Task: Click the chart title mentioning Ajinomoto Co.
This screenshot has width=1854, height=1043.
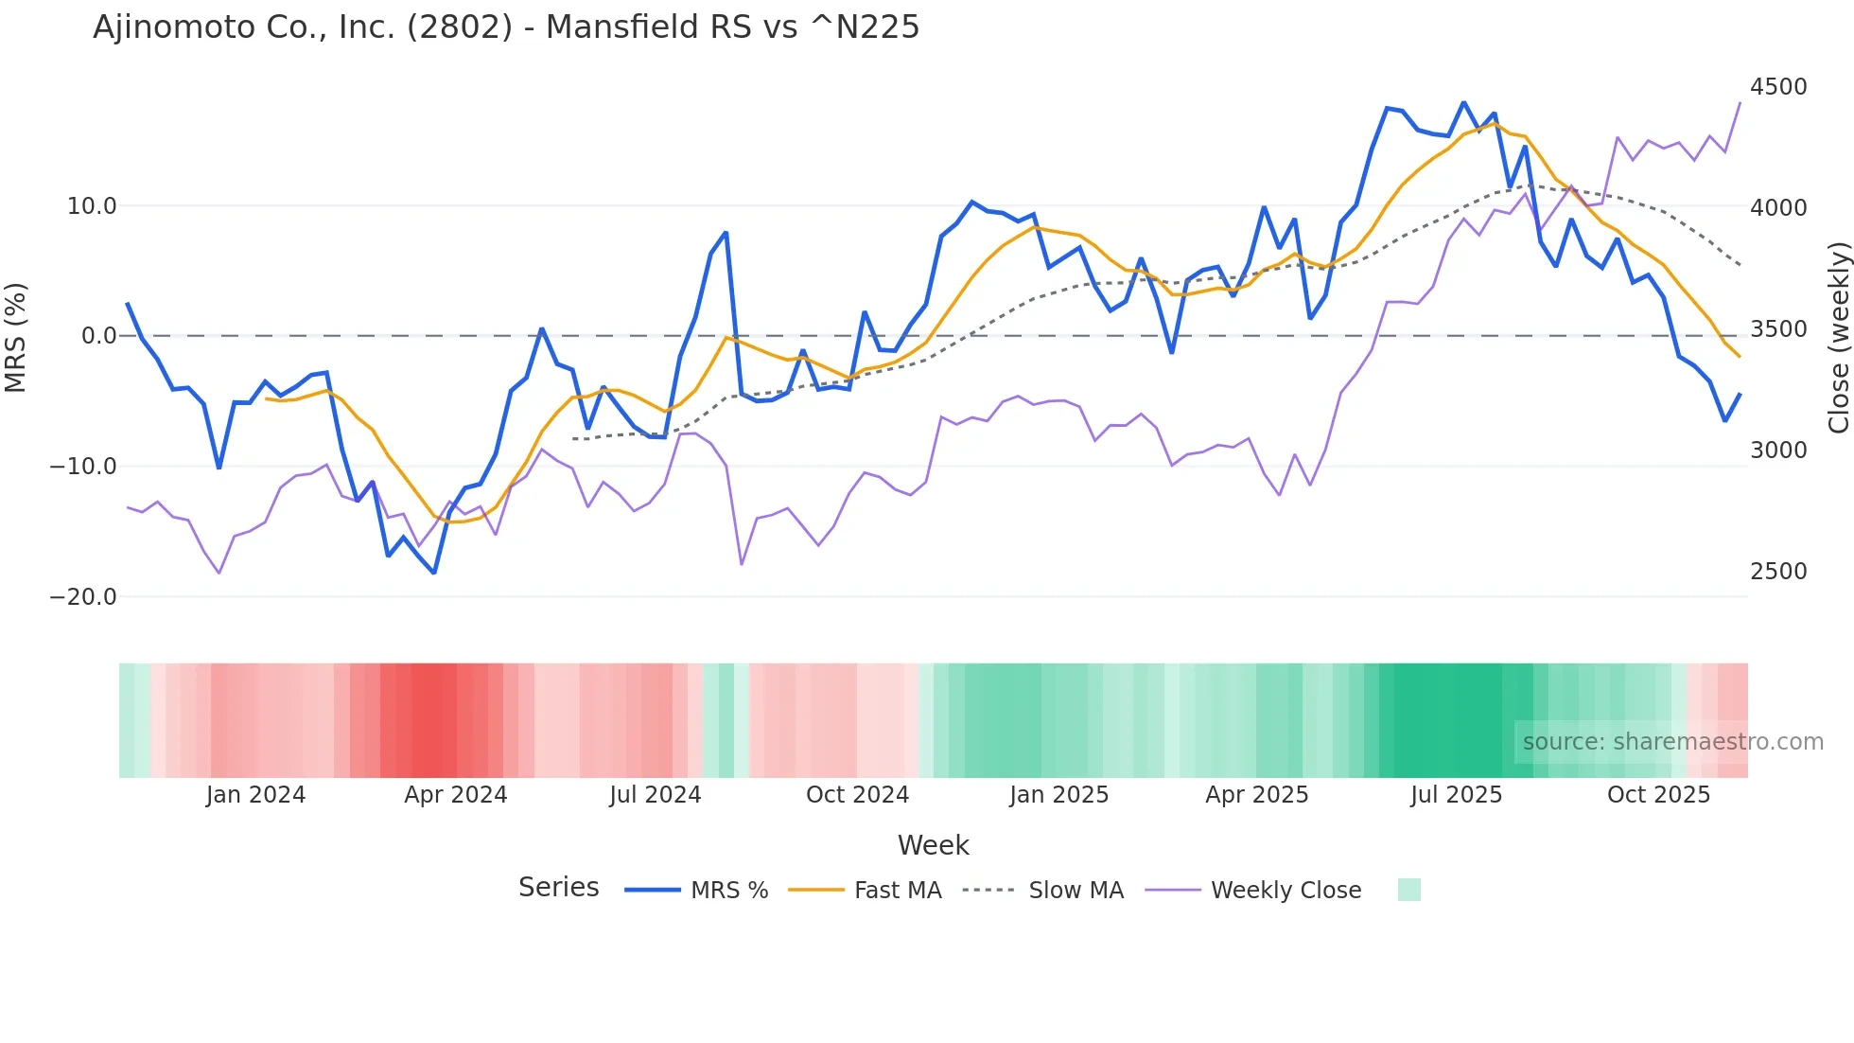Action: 506,27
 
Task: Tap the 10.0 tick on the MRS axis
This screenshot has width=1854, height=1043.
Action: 92,206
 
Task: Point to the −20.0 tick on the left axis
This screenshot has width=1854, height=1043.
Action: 83,597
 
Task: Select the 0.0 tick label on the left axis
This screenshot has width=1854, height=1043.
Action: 98,336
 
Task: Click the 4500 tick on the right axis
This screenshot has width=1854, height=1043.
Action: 1778,87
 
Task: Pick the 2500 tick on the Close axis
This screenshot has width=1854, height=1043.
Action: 1778,572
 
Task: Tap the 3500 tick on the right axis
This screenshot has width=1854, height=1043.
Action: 1778,329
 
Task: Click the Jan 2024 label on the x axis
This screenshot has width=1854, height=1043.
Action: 255,795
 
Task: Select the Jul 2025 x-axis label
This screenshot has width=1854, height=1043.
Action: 1456,795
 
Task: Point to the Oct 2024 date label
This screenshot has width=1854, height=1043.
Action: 857,795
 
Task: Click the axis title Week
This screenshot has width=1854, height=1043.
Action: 933,845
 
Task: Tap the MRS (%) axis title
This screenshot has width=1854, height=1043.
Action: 16,337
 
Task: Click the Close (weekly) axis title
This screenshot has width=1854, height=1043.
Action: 1838,337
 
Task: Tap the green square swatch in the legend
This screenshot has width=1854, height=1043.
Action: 1408,890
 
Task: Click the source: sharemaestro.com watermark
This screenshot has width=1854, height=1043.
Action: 1672,742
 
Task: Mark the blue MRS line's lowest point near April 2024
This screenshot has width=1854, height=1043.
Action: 434,573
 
